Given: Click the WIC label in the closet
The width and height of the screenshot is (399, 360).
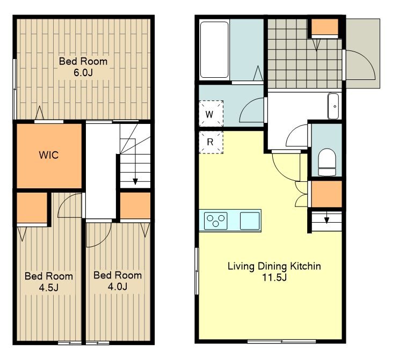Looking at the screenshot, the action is point(49,155).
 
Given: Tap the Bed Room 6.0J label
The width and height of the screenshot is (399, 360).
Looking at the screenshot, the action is point(83,67).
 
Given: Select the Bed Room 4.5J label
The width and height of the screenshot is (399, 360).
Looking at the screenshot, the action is point(49,282).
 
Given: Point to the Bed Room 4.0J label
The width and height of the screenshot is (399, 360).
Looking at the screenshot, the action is point(118,281).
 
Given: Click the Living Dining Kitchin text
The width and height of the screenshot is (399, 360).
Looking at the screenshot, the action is point(274,266).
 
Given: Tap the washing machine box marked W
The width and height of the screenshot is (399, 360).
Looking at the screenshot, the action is point(211,114).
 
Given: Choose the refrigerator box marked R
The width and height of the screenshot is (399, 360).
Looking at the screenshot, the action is point(211,142).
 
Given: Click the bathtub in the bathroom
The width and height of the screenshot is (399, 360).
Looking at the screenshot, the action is point(214,49).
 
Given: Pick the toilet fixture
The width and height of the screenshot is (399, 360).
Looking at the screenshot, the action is point(327,162).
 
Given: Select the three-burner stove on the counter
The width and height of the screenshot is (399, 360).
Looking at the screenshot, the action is point(216,221).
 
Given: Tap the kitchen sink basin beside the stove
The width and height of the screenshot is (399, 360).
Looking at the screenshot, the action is point(250,221).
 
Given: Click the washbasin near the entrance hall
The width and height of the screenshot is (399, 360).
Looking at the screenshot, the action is point(333,106).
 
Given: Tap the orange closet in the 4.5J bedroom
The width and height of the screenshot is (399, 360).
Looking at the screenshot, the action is point(32,208).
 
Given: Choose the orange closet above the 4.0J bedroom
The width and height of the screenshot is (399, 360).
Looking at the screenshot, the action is point(135,205).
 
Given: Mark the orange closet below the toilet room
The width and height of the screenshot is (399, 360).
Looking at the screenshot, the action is point(327,194).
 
